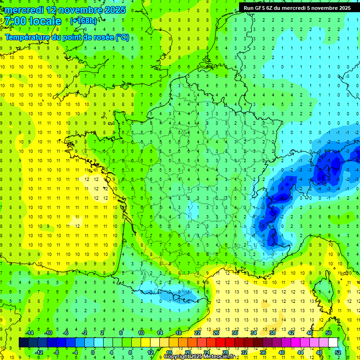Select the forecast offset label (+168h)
[x=83, y=21]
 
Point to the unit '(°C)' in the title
[x=122, y=37]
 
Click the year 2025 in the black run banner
[x=342, y=7]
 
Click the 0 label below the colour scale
[x=93, y=352]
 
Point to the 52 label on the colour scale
[x=338, y=352]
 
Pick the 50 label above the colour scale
[x=329, y=332]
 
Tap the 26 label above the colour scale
[x=216, y=332]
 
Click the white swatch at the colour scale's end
[x=333, y=342]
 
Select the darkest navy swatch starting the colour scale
[x=23, y=342]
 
